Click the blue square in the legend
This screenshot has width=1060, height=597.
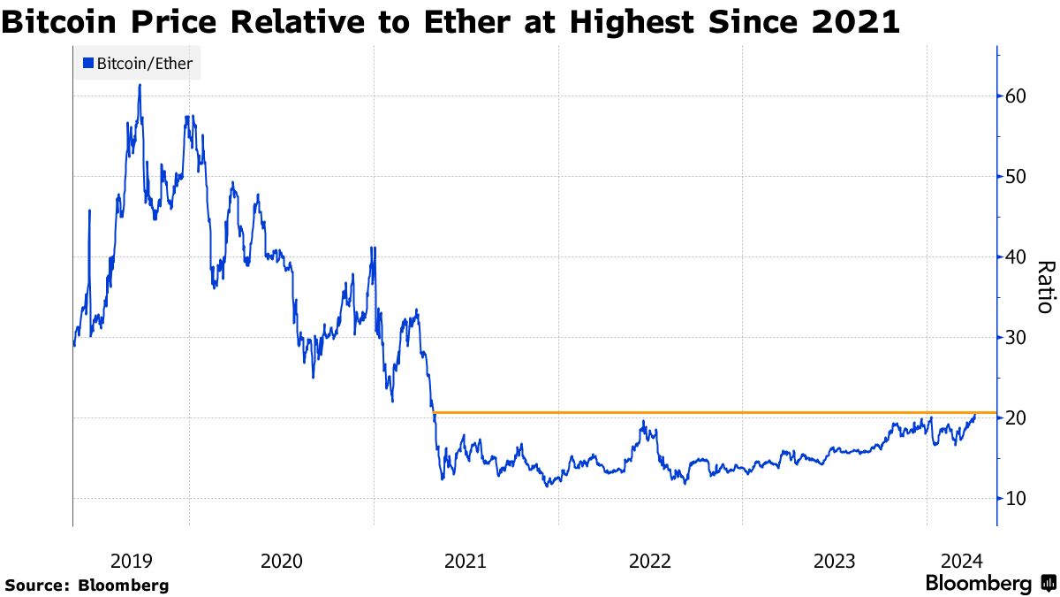[87, 63]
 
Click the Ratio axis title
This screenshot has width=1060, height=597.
[1044, 287]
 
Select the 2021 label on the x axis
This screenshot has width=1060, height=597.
[466, 560]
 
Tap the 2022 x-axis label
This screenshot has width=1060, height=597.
[650, 560]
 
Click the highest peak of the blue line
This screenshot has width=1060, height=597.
[140, 86]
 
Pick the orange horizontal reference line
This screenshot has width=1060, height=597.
[707, 413]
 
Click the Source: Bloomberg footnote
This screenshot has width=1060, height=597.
[87, 585]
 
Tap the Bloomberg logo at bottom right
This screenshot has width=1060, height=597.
[989, 584]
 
